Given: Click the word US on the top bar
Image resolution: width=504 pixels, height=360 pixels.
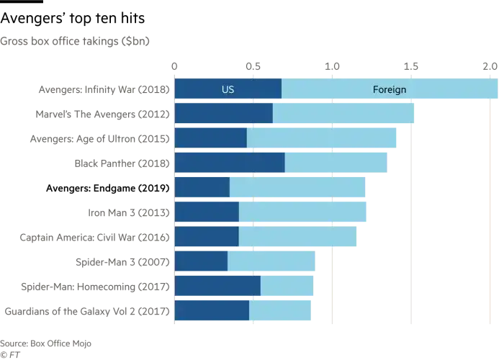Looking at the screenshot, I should [x=228, y=89].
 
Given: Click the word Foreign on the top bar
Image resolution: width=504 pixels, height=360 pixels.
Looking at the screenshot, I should [x=390, y=89].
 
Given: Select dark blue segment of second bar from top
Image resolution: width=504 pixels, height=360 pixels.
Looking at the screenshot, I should [x=223, y=114].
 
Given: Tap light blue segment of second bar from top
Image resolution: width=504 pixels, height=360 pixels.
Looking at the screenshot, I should [x=343, y=114].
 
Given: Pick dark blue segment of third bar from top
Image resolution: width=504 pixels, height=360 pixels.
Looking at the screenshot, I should [x=210, y=138].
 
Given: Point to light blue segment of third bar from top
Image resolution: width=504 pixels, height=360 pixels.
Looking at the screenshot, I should [x=322, y=138].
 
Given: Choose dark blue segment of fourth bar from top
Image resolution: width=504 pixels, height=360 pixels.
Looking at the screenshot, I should [x=229, y=163].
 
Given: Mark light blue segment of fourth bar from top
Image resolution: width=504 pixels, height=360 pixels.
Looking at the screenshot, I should [x=337, y=163].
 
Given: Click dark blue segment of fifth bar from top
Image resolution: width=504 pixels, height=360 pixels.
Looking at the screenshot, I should [x=202, y=187].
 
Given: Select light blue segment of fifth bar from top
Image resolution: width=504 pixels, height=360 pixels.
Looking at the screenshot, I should [x=298, y=187].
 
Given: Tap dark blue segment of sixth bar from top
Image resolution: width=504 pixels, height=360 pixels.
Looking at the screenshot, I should [x=206, y=212].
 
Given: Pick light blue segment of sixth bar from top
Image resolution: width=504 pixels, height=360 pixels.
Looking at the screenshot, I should [x=303, y=212].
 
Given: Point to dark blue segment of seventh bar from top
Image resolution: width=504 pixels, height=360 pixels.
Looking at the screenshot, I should [x=206, y=237].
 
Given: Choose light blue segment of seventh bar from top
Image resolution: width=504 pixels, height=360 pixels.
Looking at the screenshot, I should [x=297, y=237].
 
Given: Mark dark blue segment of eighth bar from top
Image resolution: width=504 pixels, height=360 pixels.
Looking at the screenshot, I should [x=201, y=261].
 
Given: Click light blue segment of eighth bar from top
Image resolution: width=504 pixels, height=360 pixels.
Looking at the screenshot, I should [x=271, y=261].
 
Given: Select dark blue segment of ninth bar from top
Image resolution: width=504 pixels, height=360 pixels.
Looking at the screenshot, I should [x=217, y=287].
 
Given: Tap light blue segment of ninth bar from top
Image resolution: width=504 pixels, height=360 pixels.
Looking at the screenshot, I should [x=288, y=287].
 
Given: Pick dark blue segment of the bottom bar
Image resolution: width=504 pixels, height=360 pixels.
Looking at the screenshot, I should [x=211, y=311].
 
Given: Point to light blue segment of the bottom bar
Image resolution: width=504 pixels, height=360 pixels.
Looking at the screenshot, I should [x=279, y=311].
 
